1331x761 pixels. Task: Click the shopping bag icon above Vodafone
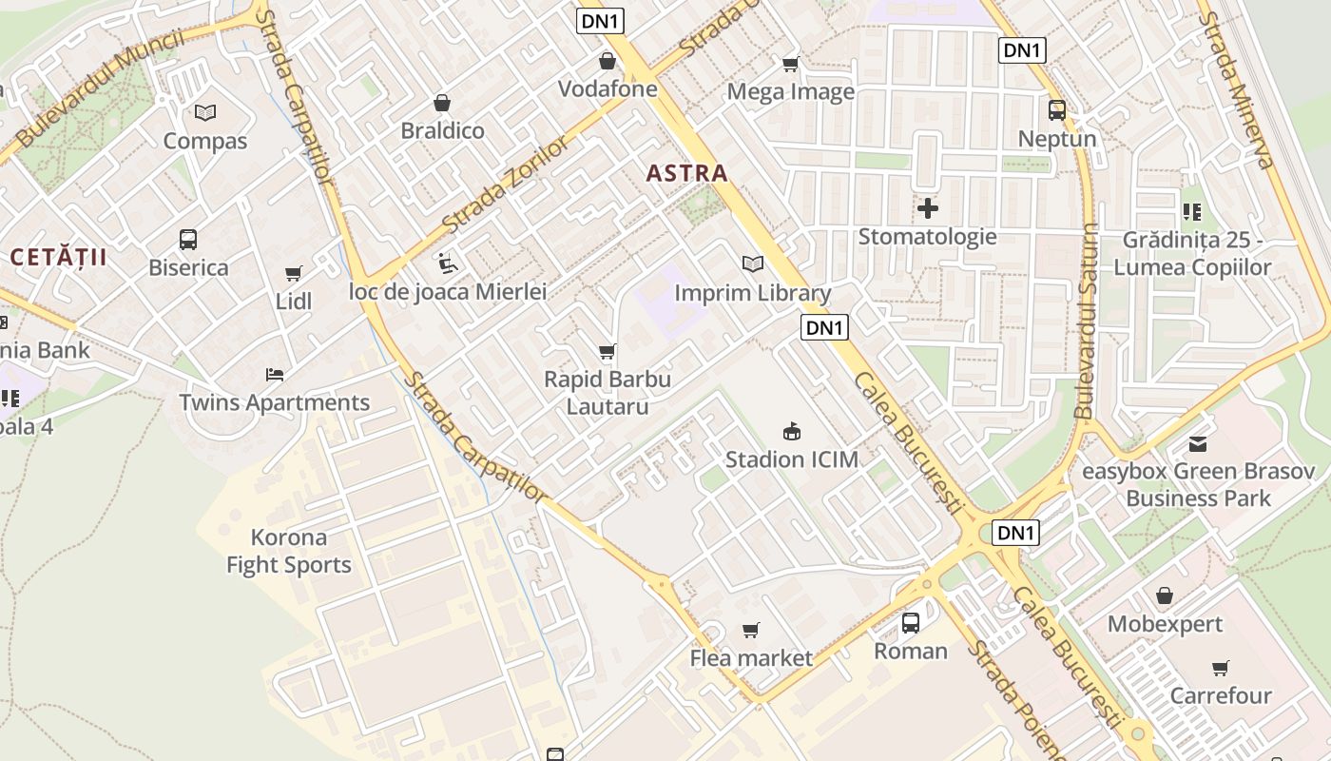(607, 62)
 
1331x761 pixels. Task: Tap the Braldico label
(442, 130)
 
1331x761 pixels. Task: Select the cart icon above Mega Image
(790, 65)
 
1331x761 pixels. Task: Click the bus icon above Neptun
(1056, 110)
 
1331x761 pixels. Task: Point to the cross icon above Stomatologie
(928, 208)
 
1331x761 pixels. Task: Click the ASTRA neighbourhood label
(686, 173)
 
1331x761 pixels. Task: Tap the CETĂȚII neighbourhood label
(58, 257)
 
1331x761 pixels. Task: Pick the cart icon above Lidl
(294, 274)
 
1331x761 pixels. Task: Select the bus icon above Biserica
(188, 240)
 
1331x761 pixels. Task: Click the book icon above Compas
(204, 113)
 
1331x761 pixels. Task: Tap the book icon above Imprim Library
(752, 263)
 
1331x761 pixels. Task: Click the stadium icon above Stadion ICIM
(791, 432)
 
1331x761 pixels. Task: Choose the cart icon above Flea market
(751, 630)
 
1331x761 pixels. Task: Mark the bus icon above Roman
(911, 623)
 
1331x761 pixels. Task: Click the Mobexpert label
(1165, 625)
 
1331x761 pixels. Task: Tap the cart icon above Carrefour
(1221, 668)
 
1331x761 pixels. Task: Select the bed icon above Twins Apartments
(275, 375)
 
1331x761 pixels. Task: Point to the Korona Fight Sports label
(289, 551)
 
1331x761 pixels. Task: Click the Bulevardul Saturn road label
(1086, 322)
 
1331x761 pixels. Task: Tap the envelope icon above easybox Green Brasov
(1198, 443)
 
